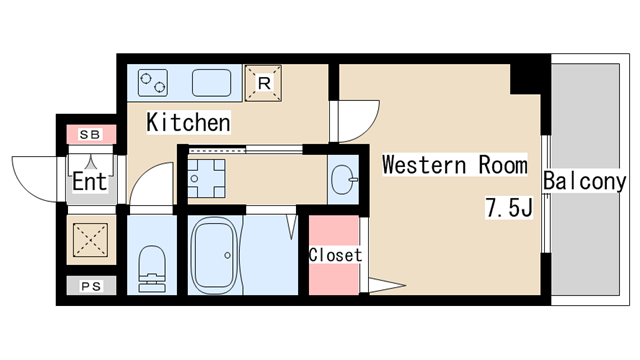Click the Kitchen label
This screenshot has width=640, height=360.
(x=188, y=122)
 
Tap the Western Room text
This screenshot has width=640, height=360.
(x=455, y=165)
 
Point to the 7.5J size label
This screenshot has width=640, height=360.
(x=509, y=207)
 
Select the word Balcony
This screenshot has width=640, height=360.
(x=584, y=181)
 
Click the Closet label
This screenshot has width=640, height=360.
(x=335, y=255)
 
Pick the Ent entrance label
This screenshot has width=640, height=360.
(x=90, y=182)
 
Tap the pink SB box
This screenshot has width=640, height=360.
(x=91, y=134)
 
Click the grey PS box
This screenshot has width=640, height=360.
(x=91, y=286)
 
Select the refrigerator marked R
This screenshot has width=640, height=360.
(x=263, y=83)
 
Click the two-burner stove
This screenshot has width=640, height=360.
(x=153, y=83)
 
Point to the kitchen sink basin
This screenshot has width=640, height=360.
(x=211, y=83)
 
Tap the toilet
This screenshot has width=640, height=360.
(x=152, y=269)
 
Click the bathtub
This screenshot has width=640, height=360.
(x=215, y=255)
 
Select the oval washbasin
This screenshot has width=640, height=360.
(x=343, y=179)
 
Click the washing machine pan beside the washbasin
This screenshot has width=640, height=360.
(x=207, y=178)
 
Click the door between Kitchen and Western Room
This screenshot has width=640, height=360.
(x=355, y=121)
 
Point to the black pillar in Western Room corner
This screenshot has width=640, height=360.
(x=526, y=79)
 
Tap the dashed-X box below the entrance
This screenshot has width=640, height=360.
(x=91, y=240)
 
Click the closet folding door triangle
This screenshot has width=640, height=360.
(x=387, y=285)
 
